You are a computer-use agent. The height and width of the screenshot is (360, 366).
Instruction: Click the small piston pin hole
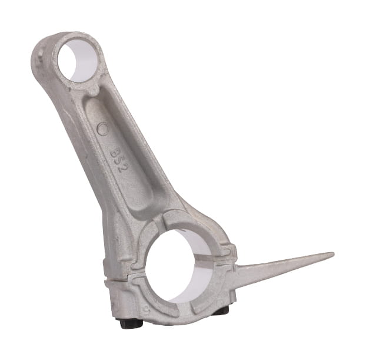click(x=77, y=61)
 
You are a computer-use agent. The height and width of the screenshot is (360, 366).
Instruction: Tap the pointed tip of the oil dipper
click(x=333, y=253)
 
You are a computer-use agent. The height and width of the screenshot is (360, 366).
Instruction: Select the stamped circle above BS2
click(x=102, y=128)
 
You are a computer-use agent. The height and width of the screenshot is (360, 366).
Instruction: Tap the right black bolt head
click(x=222, y=311)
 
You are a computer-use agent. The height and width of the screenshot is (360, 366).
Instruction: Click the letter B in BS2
click(x=115, y=153)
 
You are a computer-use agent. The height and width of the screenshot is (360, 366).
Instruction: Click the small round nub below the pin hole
click(x=94, y=91)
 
